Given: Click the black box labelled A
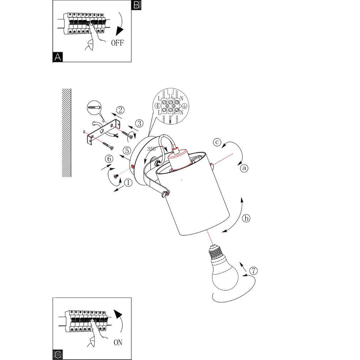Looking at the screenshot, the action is (x=58, y=57).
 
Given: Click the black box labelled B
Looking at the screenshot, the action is (x=136, y=5).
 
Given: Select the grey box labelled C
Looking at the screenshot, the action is (x=58, y=355).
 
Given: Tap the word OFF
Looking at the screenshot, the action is (x=117, y=43).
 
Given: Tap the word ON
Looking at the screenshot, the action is (x=118, y=342).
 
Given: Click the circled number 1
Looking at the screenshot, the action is (x=128, y=183).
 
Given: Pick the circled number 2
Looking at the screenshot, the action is (x=120, y=110).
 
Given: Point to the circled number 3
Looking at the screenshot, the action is (x=139, y=123).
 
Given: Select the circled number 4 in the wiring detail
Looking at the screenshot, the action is (x=158, y=106).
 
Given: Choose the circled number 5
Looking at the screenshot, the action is (x=127, y=151).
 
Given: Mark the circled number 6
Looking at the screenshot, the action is (x=109, y=159).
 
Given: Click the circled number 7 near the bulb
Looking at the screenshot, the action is (x=253, y=271).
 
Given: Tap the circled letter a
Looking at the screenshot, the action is (x=244, y=168).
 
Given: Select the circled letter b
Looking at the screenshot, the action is (x=246, y=218).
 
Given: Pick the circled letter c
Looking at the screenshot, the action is (x=217, y=142).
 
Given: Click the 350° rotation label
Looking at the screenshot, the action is (x=152, y=149).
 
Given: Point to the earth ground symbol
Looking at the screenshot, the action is (x=184, y=106).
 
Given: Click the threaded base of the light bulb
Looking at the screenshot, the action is (x=216, y=252).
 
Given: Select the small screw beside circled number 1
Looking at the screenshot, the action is (x=116, y=176).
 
